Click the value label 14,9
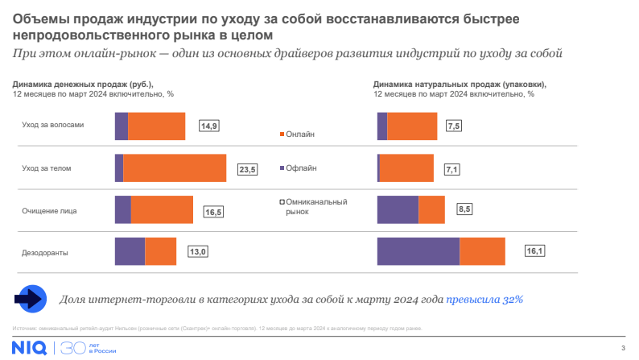pyautogui.click(x=210, y=126)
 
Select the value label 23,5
pyautogui.click(x=247, y=169)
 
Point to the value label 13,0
pyautogui.click(x=198, y=252)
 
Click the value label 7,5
pyautogui.click(x=454, y=126)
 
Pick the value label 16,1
pyautogui.click(x=535, y=251)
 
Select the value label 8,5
pyautogui.click(x=464, y=209)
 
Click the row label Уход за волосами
pyautogui.click(x=52, y=125)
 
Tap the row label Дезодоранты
pyautogui.click(x=44, y=253)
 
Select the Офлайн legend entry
pyautogui.click(x=301, y=168)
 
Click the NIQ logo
pyautogui.click(x=29, y=348)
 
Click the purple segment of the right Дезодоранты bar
pyautogui.click(x=418, y=250)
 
